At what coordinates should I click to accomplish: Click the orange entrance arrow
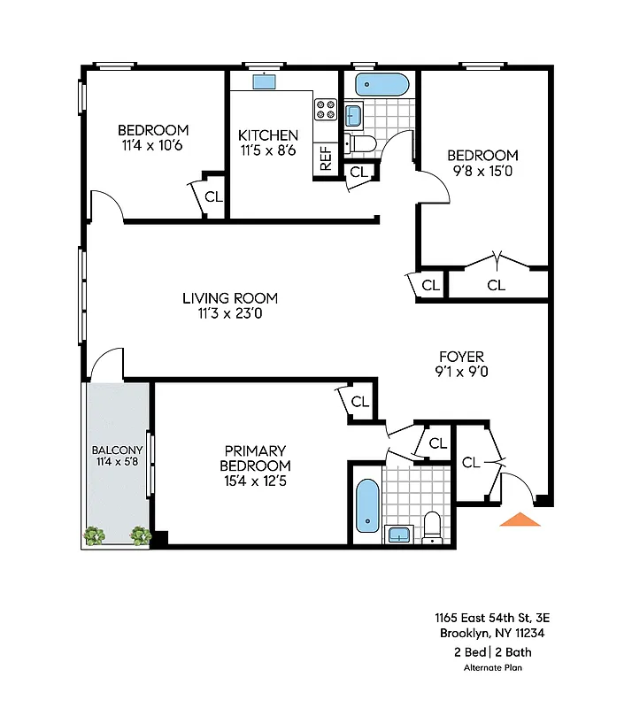tap(520, 519)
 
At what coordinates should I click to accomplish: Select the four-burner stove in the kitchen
tap(326, 110)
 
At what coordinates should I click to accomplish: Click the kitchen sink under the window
tap(264, 82)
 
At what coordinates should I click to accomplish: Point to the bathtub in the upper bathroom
tap(382, 86)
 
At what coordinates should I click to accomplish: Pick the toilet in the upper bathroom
tap(363, 142)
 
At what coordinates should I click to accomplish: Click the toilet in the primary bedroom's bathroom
tap(432, 525)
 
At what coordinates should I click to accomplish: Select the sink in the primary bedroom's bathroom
tap(399, 533)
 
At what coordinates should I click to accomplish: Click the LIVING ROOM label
tap(230, 298)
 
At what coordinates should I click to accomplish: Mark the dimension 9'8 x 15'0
tap(482, 171)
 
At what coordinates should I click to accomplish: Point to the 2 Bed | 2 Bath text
tap(493, 652)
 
